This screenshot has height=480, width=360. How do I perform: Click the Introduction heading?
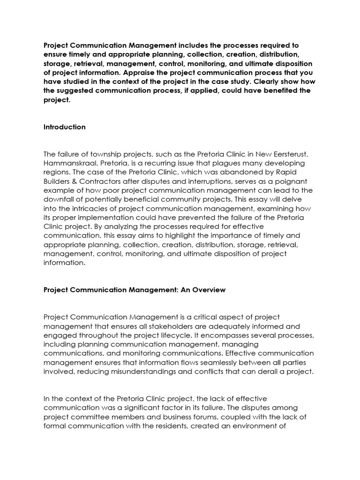[x=64, y=127]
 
